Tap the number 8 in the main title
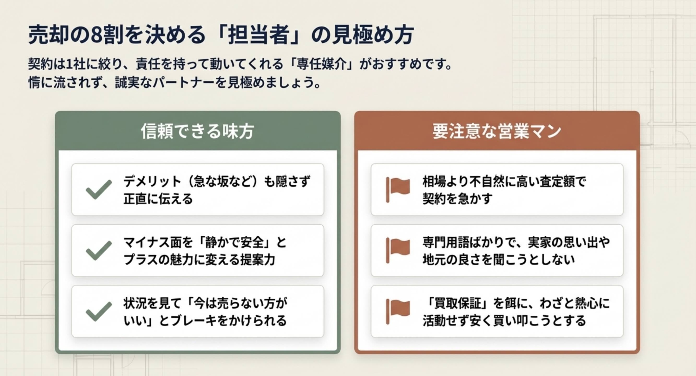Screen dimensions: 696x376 (x=96, y=35)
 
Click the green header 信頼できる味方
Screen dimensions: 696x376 (x=197, y=131)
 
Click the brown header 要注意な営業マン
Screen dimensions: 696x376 (x=497, y=131)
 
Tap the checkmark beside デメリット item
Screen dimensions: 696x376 (x=99, y=189)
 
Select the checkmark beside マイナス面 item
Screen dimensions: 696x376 (x=99, y=250)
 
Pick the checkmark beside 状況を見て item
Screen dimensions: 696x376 (x=99, y=311)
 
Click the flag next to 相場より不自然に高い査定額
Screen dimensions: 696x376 (x=398, y=189)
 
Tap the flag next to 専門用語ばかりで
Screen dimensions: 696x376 (x=398, y=250)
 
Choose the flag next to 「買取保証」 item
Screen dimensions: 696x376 (x=398, y=311)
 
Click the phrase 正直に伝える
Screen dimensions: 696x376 (x=158, y=199)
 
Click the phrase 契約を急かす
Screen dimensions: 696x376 (x=458, y=199)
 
